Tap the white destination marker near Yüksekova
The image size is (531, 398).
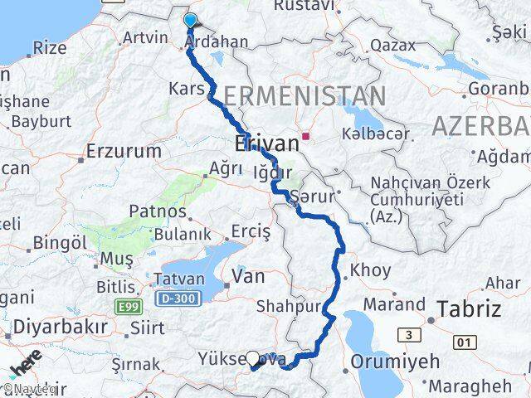pos(252,358)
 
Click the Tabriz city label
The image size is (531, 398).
pos(470,309)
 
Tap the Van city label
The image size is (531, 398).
pos(249,277)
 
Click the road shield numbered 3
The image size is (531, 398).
pos(407,335)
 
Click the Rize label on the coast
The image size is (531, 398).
pos(48,48)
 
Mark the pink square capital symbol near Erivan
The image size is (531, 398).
pos(306,137)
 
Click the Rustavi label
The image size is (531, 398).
pos(303,6)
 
